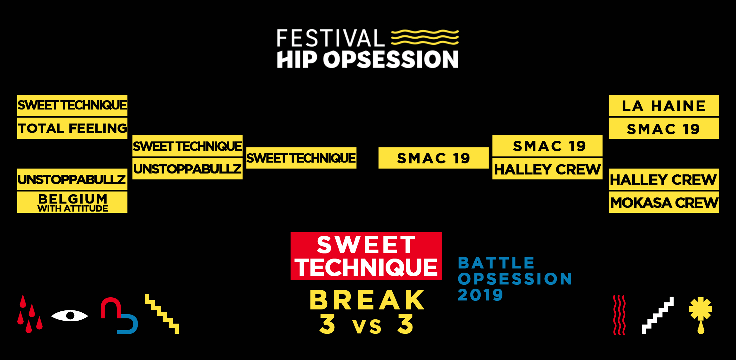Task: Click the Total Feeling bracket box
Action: [72, 128]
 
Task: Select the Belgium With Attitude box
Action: [72, 202]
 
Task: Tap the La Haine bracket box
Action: [664, 105]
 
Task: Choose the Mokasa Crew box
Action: [664, 202]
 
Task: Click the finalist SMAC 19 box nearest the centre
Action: [433, 158]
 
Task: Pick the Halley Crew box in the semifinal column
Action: [547, 169]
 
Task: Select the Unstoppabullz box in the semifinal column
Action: [188, 169]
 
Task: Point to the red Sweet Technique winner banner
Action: [366, 256]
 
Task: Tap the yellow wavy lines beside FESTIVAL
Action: [425, 37]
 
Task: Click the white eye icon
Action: [70, 316]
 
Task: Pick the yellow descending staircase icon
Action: [162, 314]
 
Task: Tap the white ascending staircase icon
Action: [658, 315]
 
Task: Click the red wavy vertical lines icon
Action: [619, 315]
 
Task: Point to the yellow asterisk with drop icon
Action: [701, 315]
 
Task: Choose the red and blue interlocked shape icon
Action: [119, 316]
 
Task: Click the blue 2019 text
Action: [480, 294]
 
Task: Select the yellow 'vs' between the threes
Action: [367, 326]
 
